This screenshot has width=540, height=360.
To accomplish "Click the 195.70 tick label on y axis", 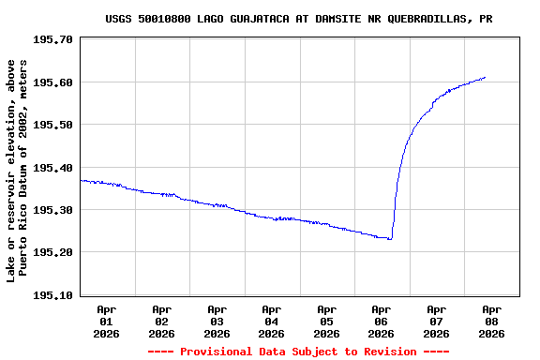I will [x=52, y=39].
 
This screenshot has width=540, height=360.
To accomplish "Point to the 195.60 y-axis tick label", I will [x=52, y=82].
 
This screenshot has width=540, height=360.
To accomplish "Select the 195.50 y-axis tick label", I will [x=52, y=125].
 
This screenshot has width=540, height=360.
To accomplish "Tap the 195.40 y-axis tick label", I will [x=52, y=168].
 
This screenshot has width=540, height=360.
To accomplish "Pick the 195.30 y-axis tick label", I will [x=52, y=210].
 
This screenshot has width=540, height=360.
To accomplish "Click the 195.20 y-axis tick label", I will [x=52, y=252].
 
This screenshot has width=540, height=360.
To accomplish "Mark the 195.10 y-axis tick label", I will [x=52, y=295].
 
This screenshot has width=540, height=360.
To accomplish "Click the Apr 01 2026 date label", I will [x=107, y=321].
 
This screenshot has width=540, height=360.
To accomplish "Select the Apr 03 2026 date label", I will [x=217, y=321].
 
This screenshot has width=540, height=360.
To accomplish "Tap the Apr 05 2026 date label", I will [x=326, y=321].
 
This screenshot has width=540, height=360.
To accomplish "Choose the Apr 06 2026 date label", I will [x=382, y=321].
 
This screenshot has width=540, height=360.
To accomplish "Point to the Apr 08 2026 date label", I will [x=491, y=321].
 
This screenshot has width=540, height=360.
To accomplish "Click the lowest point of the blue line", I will [x=389, y=239].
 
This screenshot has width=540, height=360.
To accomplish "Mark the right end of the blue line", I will [x=485, y=78].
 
